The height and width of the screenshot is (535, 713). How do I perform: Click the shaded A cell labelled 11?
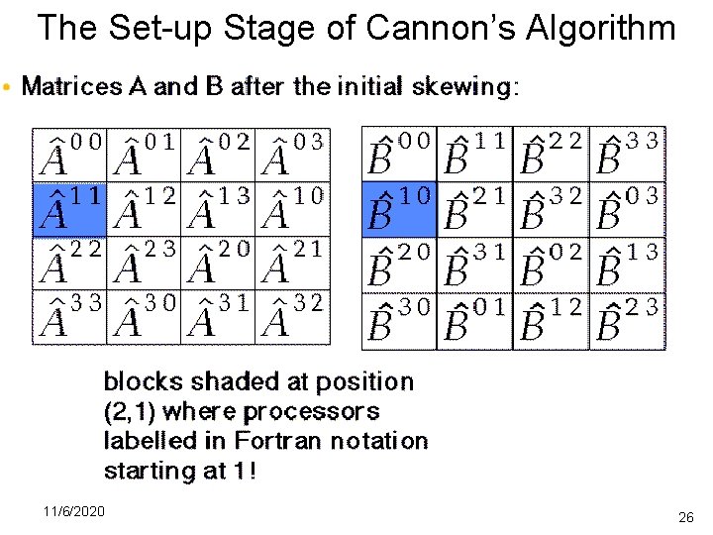(70, 209)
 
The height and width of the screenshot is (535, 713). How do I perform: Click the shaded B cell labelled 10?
(399, 209)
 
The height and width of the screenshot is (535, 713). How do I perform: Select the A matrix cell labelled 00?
(70, 154)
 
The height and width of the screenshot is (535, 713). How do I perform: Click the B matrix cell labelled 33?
(628, 154)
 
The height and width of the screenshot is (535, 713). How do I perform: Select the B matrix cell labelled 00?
(399, 154)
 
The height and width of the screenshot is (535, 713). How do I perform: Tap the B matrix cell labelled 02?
(551, 266)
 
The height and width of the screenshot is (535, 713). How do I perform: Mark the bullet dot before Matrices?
(9, 88)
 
